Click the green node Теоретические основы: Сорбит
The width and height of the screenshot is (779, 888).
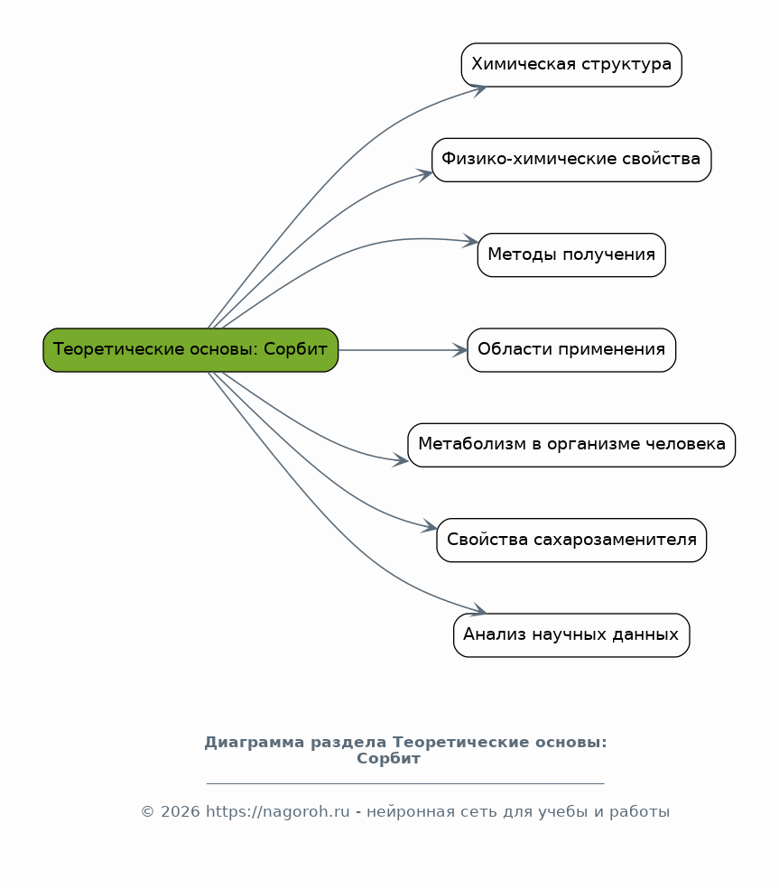[190, 350]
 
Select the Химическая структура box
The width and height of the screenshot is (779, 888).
[571, 65]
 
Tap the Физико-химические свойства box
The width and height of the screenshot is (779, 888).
[571, 160]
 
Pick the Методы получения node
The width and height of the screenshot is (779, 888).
[571, 254]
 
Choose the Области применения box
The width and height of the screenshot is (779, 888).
[571, 350]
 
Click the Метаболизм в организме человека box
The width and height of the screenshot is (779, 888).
[571, 445]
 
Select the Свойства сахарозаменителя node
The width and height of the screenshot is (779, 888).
[571, 541]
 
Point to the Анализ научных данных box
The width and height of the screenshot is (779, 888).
[571, 635]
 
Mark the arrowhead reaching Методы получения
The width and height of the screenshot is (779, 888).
[471, 241]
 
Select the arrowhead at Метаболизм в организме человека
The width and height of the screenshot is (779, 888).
[401, 460]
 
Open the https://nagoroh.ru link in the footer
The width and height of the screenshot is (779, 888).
[278, 811]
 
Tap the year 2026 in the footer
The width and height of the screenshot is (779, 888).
[181, 811]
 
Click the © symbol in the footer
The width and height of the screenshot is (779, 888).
[147, 811]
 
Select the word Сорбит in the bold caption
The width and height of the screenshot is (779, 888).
[389, 758]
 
